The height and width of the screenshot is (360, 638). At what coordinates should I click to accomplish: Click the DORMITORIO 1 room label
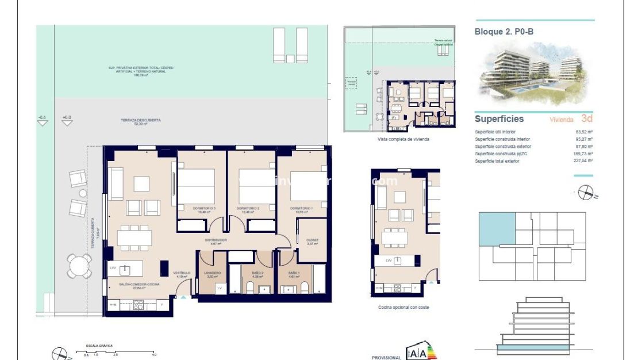coord(301,208)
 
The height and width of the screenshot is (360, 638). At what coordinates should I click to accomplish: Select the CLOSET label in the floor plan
coord(312,240)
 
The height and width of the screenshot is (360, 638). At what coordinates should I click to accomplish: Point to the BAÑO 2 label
coord(257,273)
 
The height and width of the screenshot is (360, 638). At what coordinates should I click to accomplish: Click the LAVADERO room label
coord(212,273)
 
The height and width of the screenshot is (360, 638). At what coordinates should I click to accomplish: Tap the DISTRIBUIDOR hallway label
coord(216,240)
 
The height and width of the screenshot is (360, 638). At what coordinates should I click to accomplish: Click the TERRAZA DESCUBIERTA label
coord(140,120)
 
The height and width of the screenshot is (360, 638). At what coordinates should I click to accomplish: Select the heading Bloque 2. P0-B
coord(504,32)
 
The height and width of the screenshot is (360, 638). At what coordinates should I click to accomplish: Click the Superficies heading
coord(499,119)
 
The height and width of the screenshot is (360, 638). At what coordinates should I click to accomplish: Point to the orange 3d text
coord(586,119)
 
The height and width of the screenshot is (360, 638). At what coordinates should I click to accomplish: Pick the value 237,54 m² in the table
coord(584,161)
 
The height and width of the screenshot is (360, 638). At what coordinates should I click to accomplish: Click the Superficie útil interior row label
coord(495,132)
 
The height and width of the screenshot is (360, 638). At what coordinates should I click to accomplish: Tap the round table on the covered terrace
coord(78,265)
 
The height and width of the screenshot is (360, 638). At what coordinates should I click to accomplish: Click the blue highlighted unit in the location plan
coord(497,229)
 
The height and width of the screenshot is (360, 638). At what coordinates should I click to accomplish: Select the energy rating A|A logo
coord(421,351)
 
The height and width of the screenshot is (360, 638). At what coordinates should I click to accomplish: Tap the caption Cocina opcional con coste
coord(403,307)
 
